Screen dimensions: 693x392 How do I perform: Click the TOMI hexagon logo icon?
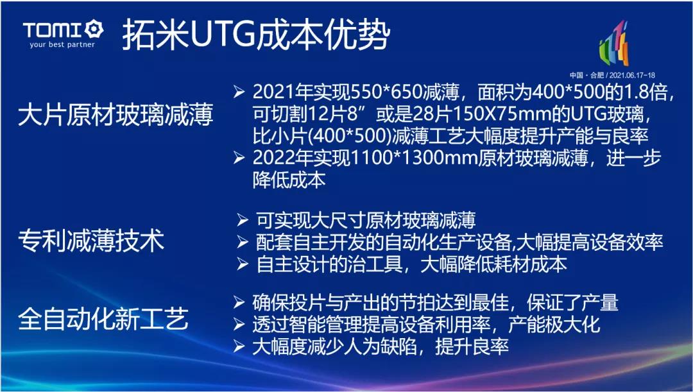click(x=94, y=29)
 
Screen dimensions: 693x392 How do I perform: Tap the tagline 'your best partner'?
click(x=62, y=45)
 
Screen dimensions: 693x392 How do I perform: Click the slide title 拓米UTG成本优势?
click(x=256, y=34)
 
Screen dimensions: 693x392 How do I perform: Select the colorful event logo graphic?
click(x=614, y=44)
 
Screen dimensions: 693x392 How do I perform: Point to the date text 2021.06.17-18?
click(x=633, y=74)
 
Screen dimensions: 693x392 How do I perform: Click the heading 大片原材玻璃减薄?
click(x=116, y=114)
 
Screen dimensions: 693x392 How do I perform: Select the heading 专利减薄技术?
click(x=91, y=241)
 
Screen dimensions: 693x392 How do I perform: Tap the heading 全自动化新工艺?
click(x=103, y=319)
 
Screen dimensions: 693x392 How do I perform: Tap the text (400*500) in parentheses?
click(x=350, y=135)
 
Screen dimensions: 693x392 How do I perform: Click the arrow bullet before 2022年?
click(x=239, y=158)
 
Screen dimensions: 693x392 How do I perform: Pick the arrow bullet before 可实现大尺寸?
click(x=243, y=219)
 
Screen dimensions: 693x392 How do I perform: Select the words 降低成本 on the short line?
click(x=289, y=180)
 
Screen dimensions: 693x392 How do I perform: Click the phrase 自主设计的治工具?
click(x=330, y=264)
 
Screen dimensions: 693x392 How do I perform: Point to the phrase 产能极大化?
click(x=554, y=325)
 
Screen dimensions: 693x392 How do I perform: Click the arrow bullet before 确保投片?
click(x=239, y=302)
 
